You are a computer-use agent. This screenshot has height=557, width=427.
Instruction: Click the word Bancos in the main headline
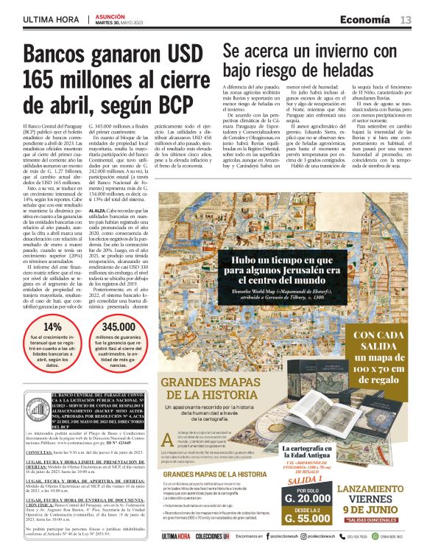[64, 57]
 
